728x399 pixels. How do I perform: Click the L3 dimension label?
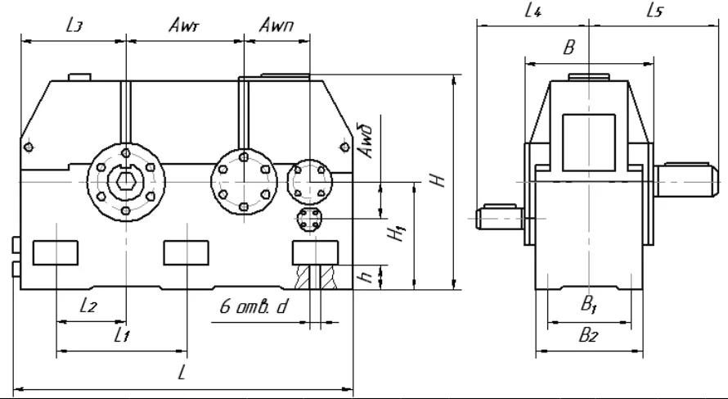tap(74, 25)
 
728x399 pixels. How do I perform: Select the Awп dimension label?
tap(276, 25)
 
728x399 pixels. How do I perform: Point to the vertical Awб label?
tap(366, 141)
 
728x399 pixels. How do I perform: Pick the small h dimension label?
tap(366, 277)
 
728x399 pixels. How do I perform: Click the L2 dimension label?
tap(88, 306)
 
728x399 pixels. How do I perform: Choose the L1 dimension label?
tap(122, 335)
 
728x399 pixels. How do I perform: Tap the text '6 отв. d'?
tap(253, 306)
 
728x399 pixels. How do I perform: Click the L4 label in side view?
tap(533, 10)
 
